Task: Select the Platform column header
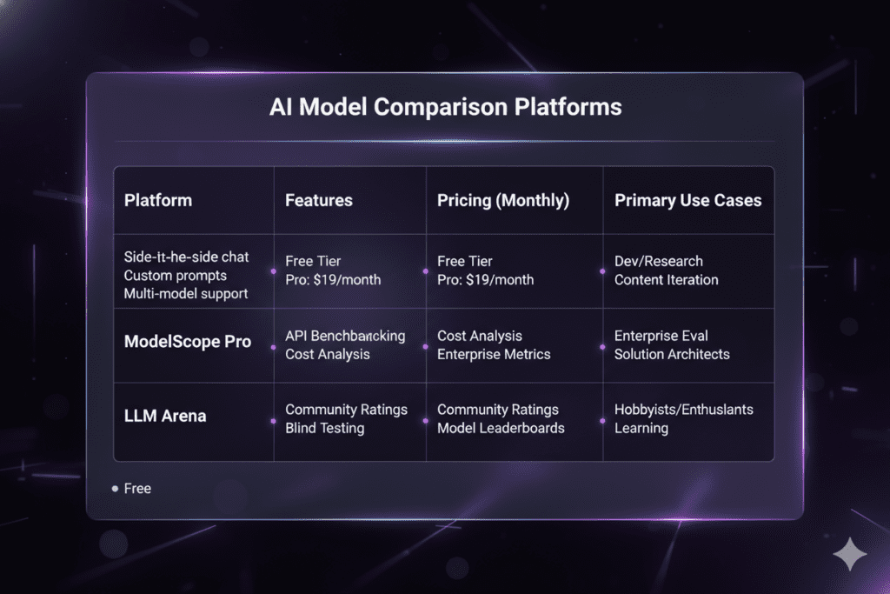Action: [158, 200]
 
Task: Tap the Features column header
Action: [319, 200]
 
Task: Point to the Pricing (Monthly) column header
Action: [503, 200]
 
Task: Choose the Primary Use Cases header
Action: [687, 200]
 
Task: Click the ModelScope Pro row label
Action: [188, 342]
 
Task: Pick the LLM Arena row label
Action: [165, 416]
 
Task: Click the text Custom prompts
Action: [176, 276]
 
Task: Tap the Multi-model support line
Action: [186, 293]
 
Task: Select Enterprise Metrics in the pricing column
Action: [495, 354]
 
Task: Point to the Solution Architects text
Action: [672, 354]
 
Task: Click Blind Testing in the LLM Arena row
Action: [325, 428]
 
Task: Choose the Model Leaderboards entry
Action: [501, 428]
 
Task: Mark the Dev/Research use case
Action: [659, 261]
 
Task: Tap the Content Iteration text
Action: [667, 280]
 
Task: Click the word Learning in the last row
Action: [641, 428]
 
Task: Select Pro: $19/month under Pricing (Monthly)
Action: [486, 280]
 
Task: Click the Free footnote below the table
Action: [137, 489]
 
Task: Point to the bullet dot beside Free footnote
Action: [115, 489]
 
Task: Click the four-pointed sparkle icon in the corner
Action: [848, 554]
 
